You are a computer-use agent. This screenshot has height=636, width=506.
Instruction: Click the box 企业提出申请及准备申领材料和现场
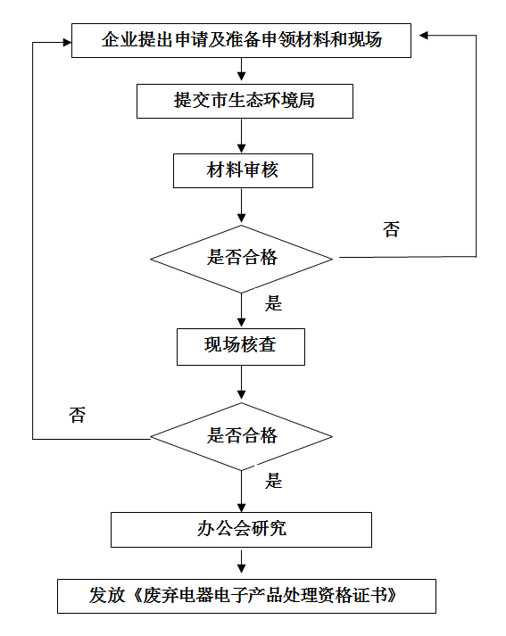(x=241, y=40)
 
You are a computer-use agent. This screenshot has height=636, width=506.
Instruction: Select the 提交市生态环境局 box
(x=245, y=101)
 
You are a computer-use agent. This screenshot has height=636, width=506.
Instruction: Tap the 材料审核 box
(x=243, y=170)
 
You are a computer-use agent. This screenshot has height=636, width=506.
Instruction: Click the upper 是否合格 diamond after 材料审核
(x=242, y=259)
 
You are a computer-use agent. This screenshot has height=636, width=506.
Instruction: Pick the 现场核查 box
(x=241, y=347)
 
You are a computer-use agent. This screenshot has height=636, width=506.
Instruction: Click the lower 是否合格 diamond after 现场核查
(x=242, y=436)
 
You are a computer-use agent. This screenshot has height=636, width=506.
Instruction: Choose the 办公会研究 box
(x=242, y=530)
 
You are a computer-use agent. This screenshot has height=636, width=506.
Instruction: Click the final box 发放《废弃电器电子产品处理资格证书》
(x=246, y=596)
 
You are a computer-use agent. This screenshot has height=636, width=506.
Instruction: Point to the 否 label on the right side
(x=391, y=229)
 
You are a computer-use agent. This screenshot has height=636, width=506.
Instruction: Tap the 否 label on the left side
(x=77, y=415)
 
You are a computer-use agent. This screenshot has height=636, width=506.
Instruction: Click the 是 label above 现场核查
(x=273, y=303)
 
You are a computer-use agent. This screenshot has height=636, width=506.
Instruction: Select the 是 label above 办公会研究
(x=273, y=481)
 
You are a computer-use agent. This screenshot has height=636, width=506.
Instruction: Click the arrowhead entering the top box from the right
(x=424, y=36)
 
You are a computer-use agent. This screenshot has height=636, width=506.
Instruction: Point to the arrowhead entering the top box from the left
(x=67, y=42)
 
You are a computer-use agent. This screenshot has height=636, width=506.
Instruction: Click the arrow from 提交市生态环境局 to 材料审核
(x=242, y=136)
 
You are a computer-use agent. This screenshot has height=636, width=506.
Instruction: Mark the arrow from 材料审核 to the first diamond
(x=242, y=206)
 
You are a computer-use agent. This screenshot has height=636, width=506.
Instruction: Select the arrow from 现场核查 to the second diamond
(x=242, y=384)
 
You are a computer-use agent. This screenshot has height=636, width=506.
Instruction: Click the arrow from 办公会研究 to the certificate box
(x=242, y=562)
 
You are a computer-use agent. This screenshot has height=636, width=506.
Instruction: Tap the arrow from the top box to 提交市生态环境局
(x=242, y=70)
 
